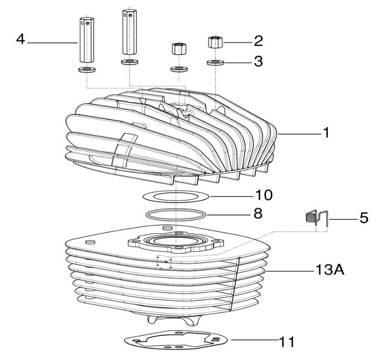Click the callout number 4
click(x=21, y=40)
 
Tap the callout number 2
click(x=258, y=41)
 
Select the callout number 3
click(x=258, y=61)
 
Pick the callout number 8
click(x=257, y=213)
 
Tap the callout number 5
click(x=363, y=218)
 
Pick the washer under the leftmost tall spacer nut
click(x=85, y=70)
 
